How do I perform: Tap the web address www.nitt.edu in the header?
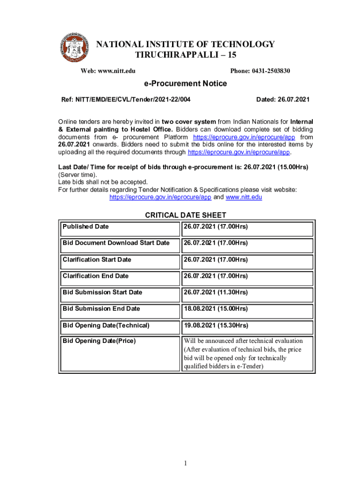[x=108, y=71]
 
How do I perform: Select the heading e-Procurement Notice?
[x=185, y=84]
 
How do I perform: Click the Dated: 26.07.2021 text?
[x=283, y=100]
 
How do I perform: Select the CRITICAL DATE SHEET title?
[x=186, y=215]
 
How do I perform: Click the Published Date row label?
[x=86, y=226]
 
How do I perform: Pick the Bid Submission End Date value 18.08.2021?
[x=215, y=309]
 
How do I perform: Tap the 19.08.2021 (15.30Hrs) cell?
[x=215, y=325]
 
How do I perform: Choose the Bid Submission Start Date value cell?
[x=215, y=292]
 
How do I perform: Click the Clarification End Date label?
[x=95, y=276]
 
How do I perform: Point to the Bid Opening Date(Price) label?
[x=99, y=341]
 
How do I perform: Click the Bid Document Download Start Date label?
[x=116, y=243]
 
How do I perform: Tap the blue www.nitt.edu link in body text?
[x=244, y=197]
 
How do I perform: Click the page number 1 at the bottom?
[x=185, y=464]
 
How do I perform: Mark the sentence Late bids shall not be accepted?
[x=103, y=182]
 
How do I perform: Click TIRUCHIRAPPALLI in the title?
[x=179, y=55]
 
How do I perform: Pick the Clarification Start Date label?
[x=97, y=260]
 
